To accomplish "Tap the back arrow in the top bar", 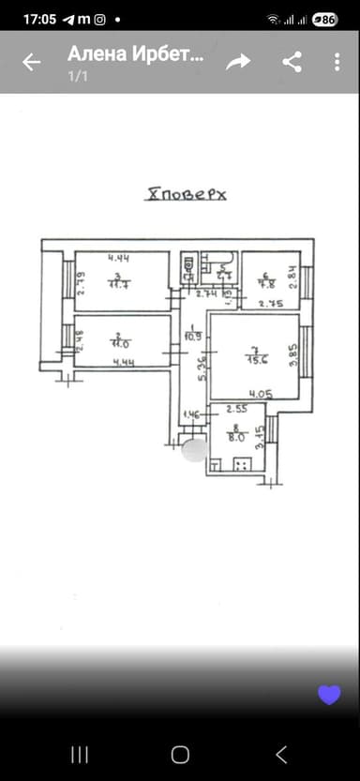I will tap(32, 62).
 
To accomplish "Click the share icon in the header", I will tap(292, 62).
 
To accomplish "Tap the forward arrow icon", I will tap(239, 62).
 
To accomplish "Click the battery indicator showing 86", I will tap(324, 19).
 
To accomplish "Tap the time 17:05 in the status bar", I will tap(39, 19).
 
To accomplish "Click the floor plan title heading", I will tap(187, 195).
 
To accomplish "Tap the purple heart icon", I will tap(328, 694).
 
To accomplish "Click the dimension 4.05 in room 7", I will tap(262, 395).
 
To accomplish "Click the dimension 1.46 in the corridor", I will tap(192, 413).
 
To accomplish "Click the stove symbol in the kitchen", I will tap(243, 464).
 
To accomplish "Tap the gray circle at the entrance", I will tap(195, 451).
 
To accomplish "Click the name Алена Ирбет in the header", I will tap(134, 54).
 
